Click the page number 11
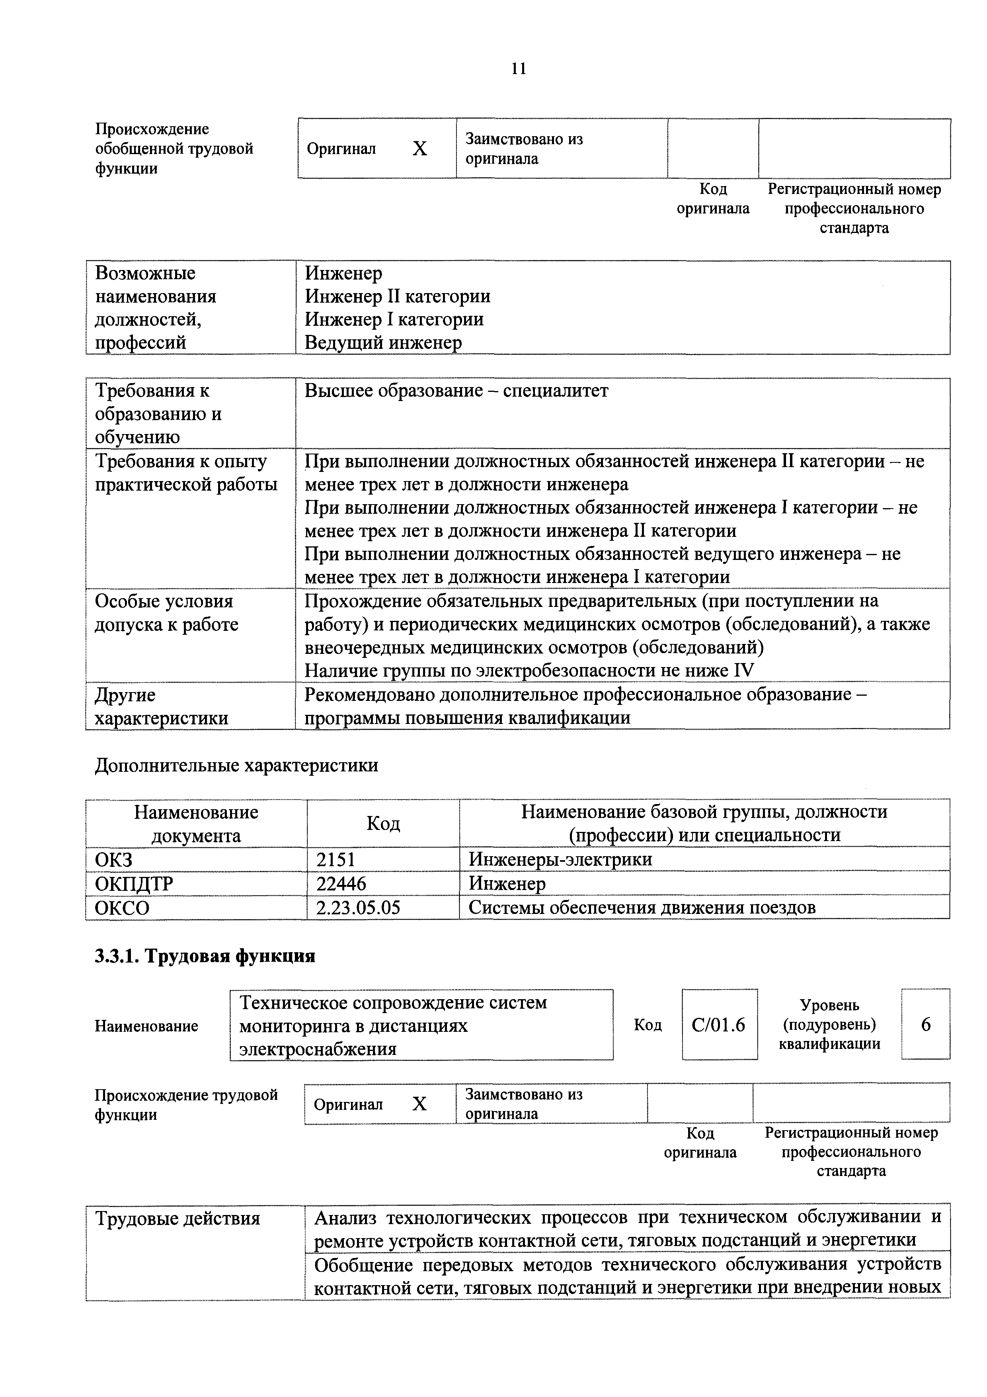(519, 69)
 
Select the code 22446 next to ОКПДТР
(341, 883)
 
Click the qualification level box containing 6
(925, 1025)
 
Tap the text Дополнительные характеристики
(236, 765)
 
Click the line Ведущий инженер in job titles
(383, 342)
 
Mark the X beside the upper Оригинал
(419, 149)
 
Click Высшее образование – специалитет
(456, 391)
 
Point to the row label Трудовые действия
(177, 1219)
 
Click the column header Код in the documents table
(383, 823)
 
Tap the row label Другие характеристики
(161, 706)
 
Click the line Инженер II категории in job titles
(397, 296)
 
